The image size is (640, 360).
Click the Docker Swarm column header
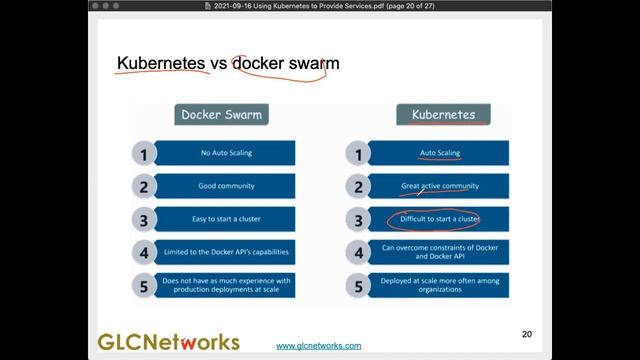click(221, 114)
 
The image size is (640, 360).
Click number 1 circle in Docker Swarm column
click(144, 154)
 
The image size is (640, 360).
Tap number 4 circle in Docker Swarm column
click(144, 252)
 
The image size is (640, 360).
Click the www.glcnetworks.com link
click(319, 345)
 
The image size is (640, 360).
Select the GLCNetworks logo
click(168, 340)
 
